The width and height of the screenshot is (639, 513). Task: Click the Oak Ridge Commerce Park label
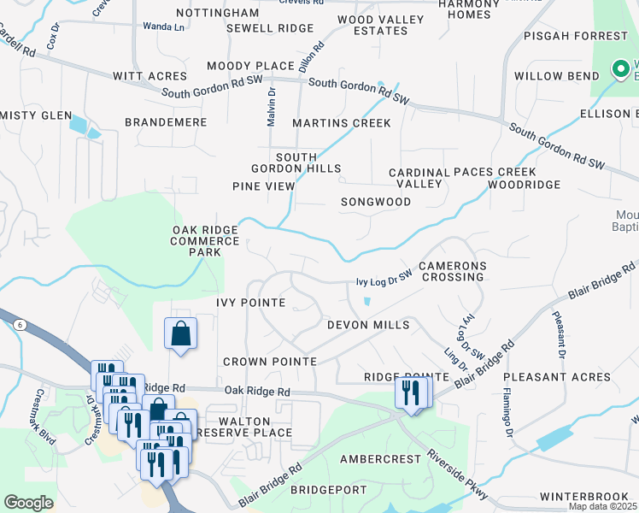click(206, 241)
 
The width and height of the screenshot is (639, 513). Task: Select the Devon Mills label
click(368, 325)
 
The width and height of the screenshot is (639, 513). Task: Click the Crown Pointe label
click(270, 362)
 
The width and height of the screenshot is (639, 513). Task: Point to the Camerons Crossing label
click(451, 272)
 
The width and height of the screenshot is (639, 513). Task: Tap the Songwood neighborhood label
click(376, 202)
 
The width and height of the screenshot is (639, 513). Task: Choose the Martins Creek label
click(342, 123)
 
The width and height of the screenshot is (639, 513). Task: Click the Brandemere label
click(166, 122)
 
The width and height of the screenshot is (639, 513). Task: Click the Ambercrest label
click(380, 458)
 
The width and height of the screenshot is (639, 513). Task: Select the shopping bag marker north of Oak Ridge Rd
click(181, 333)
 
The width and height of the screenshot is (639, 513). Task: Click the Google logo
click(28, 503)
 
